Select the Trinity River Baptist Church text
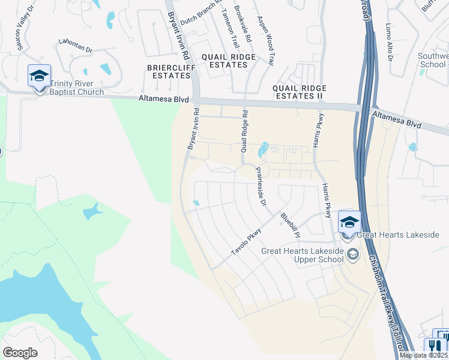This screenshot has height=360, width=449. (77, 88)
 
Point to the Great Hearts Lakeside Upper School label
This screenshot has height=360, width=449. (302, 255)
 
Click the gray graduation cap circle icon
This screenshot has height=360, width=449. (353, 256)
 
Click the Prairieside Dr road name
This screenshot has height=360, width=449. (261, 187)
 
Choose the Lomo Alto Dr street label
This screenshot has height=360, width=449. (389, 43)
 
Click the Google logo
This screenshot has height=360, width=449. (20, 352)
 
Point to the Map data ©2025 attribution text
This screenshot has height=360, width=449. (424, 355)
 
